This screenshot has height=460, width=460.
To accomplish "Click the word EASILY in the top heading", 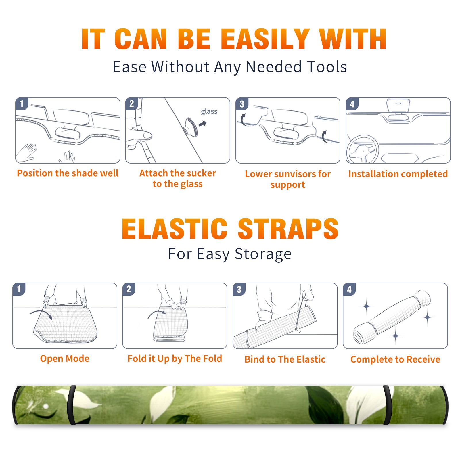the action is click(265, 39).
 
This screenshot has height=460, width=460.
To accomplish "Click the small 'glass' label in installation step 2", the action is click(209, 111).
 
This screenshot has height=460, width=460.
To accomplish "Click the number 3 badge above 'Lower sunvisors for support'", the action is click(242, 104).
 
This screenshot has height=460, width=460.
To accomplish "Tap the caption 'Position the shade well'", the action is click(68, 173).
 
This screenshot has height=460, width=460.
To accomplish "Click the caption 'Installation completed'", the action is click(398, 174).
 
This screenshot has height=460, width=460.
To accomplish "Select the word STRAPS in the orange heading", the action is click(288, 229).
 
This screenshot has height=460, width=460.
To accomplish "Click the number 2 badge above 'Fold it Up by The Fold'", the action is click(129, 289).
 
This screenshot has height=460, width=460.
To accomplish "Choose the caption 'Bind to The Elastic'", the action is click(285, 359).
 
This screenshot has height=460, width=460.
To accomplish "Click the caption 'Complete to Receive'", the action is click(395, 359).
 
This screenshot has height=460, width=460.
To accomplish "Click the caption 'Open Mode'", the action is click(65, 359).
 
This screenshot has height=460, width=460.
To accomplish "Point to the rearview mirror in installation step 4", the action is click(398, 105).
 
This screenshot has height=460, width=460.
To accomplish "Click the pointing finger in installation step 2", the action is click(139, 135).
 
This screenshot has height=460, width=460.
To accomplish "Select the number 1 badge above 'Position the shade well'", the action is click(22, 103).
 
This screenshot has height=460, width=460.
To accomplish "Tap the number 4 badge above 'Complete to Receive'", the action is click(349, 289).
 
